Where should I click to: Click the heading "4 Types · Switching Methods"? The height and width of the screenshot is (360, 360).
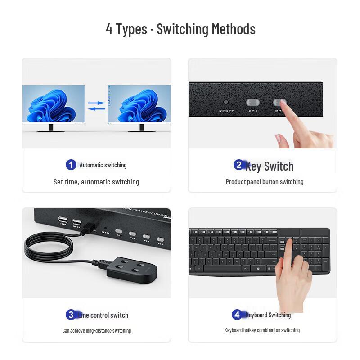[x=180, y=29]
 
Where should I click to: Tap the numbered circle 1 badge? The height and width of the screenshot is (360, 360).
[x=71, y=165]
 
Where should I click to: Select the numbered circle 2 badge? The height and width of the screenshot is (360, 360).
[x=239, y=165]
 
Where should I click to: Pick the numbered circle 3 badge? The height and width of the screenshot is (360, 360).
[x=71, y=315]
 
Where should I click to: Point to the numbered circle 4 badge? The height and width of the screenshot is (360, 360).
[x=237, y=315]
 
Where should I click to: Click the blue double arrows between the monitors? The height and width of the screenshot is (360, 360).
[x=96, y=106]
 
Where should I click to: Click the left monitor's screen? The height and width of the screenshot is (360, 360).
[x=54, y=104]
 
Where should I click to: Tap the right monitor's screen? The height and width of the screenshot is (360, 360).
[x=139, y=104]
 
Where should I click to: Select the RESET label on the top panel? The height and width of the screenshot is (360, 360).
[x=226, y=111]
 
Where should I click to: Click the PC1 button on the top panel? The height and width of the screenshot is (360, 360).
[x=252, y=103]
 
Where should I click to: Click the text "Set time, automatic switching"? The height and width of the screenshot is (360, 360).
[x=96, y=182]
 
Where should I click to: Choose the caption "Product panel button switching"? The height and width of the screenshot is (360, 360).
[x=265, y=182]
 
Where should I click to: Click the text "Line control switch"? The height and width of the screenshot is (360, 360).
[x=103, y=315]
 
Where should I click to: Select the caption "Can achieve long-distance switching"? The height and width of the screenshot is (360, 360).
[x=96, y=330]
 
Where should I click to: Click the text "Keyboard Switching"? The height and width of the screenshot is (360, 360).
[x=268, y=315]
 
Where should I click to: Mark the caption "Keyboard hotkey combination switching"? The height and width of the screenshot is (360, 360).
[x=262, y=330]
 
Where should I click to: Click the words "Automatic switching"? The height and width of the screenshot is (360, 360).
[x=103, y=165]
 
